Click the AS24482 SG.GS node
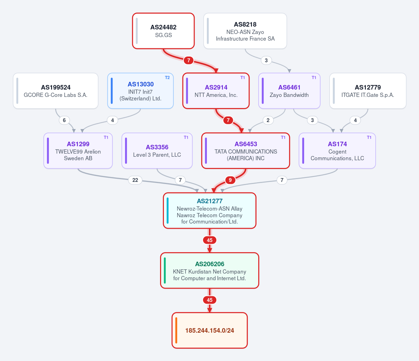point(163,31)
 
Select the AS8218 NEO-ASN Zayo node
point(245,31)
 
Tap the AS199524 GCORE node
point(56,91)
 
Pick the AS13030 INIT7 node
point(140,91)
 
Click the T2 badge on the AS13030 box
point(167,78)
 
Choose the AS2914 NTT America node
point(216,91)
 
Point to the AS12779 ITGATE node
point(368,91)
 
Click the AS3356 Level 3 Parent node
point(157,151)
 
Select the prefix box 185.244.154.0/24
point(210,331)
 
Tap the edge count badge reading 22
point(135,180)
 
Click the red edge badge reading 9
point(230,180)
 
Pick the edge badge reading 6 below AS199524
point(64,120)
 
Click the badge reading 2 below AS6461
point(268,120)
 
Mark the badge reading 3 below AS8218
point(266,60)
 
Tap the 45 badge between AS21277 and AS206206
point(210,240)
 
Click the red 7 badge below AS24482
point(189,60)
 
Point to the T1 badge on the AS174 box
point(369,137)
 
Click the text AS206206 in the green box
point(210,264)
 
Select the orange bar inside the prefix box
point(176,331)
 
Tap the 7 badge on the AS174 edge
point(282,180)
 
